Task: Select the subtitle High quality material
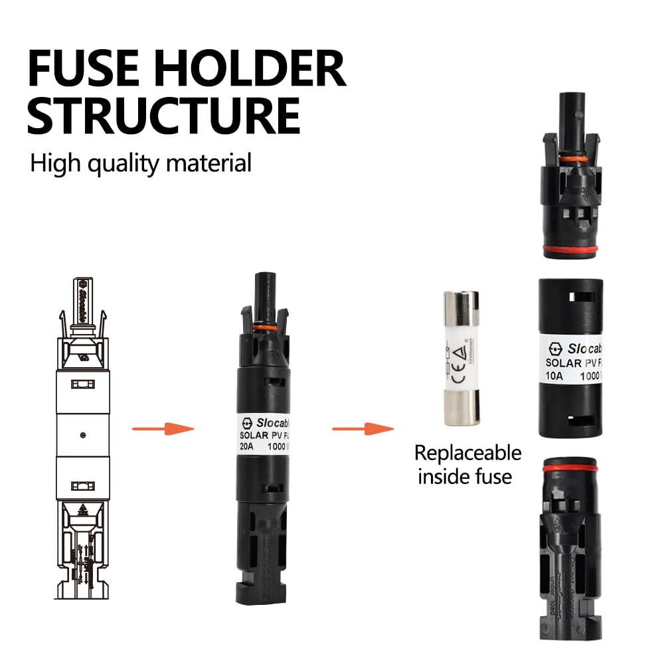[x=141, y=163]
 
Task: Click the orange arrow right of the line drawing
[x=163, y=428]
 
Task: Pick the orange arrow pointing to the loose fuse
[x=362, y=428]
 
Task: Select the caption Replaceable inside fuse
[x=467, y=465]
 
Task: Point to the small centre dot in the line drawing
[x=82, y=435]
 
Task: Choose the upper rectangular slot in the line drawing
[x=82, y=384]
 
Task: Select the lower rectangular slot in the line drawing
[x=82, y=485]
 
